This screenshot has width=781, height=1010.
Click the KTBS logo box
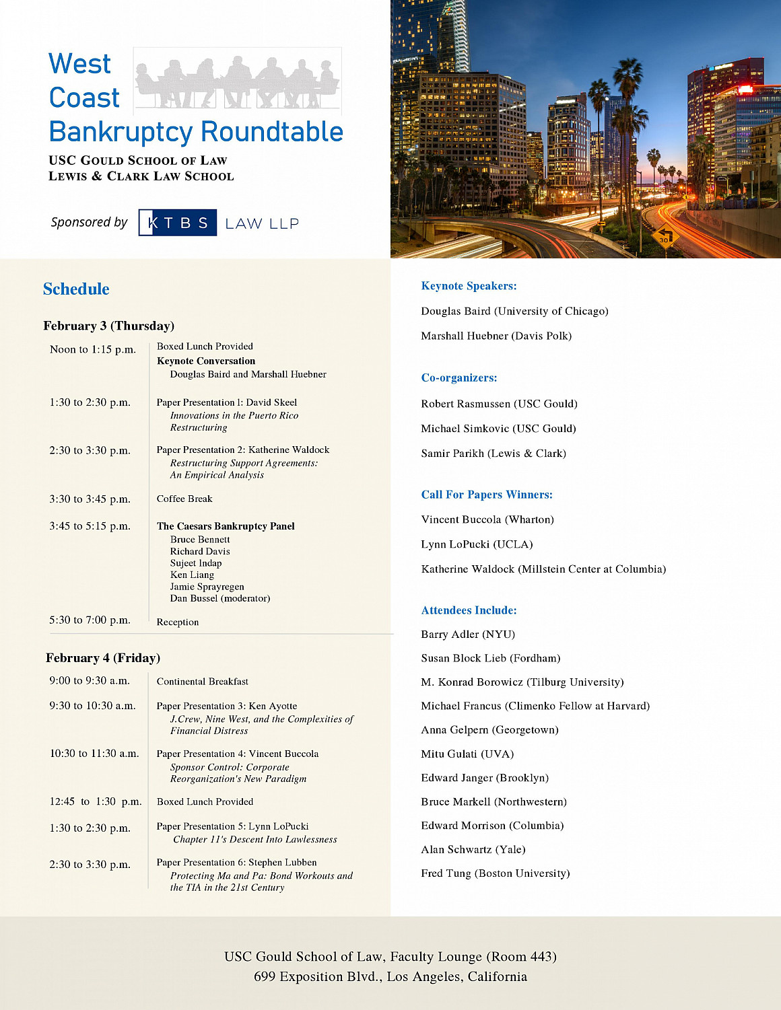coord(178,223)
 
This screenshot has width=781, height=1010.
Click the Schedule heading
coord(76,289)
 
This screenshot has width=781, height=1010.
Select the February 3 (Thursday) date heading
coord(109,326)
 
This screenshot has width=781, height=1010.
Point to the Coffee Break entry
coord(184,499)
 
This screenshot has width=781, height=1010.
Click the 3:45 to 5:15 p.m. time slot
coord(90,526)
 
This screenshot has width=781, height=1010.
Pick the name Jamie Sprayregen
coord(207,587)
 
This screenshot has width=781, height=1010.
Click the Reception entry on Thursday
coord(178,622)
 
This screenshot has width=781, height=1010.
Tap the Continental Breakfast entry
coord(203,682)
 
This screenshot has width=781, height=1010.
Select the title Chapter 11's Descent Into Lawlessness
coord(255,839)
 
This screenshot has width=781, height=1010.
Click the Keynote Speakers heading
coord(469,286)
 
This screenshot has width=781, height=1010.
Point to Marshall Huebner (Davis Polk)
coord(496,336)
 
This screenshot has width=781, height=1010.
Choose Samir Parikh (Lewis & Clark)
coord(494,454)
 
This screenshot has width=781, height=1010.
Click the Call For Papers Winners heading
coord(487,495)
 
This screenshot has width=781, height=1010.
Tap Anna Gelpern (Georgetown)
coord(489,730)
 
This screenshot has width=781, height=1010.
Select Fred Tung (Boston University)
coord(496,873)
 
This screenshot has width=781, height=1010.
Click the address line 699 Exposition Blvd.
coord(390,976)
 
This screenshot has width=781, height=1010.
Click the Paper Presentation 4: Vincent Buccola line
coord(238,754)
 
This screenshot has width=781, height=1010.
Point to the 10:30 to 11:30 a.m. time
coord(94,754)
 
